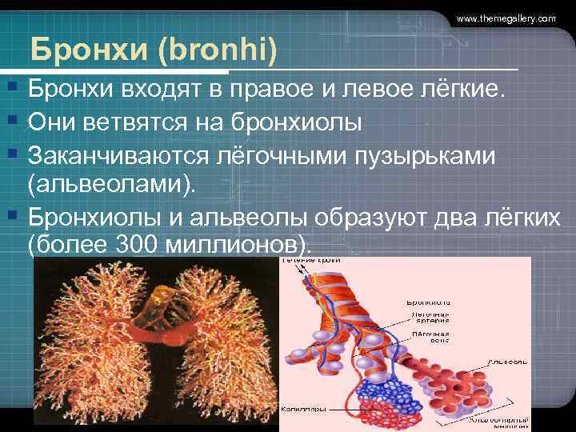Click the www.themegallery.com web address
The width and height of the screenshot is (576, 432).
point(506,18)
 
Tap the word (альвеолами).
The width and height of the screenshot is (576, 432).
point(110,185)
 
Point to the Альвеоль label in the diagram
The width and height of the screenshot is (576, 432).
point(508,362)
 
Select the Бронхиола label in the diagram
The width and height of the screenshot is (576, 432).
point(427,303)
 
